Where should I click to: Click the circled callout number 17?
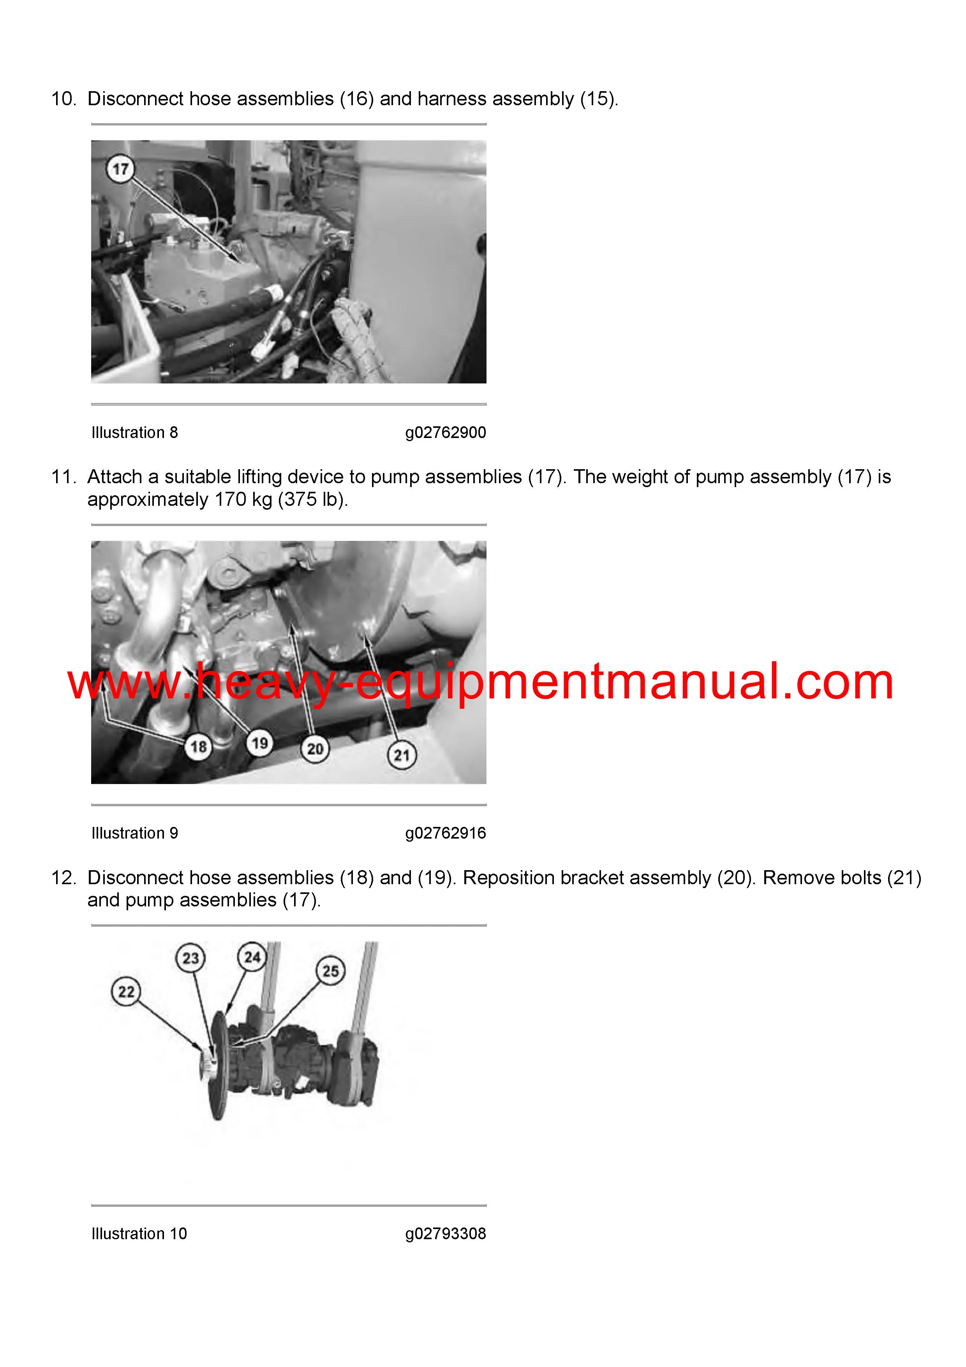120,169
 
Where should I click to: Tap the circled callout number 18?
198,747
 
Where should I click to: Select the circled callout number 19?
259,743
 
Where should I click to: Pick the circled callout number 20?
315,749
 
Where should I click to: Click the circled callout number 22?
126,992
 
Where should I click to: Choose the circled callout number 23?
190,958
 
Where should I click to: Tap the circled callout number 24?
252,957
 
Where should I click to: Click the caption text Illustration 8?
134,432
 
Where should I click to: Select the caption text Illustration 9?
134,833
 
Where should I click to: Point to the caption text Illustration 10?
139,1234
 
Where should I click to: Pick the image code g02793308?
446,1234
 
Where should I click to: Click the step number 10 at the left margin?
63,99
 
